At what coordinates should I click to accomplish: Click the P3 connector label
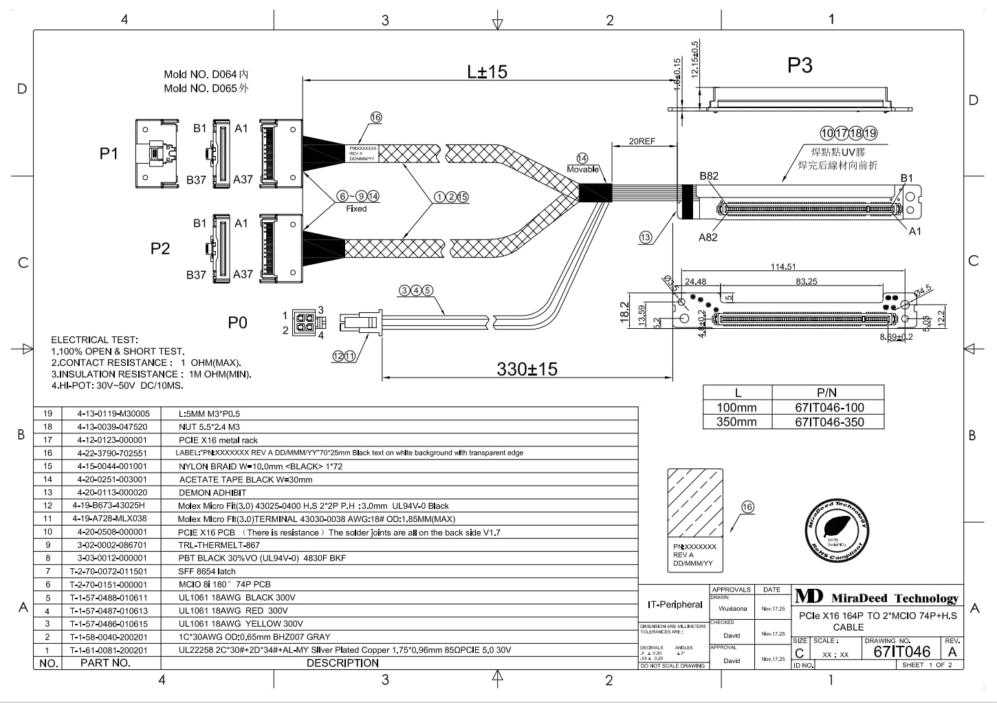pos(800,65)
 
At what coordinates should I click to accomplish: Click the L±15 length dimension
pos(487,72)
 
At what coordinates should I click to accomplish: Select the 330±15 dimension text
pos(527,369)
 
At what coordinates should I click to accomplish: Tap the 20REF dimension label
pos(642,141)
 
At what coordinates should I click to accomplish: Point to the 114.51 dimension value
pos(782,267)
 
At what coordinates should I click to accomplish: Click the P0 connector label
pos(237,323)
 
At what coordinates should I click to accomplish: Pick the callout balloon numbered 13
pos(645,237)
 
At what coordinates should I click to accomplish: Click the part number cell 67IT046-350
pos(829,422)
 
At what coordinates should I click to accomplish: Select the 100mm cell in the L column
pos(736,407)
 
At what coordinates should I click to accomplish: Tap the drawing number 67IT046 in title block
pos(901,652)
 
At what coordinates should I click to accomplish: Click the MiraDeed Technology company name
pos(894,598)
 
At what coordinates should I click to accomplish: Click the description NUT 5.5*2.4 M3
pos(209,427)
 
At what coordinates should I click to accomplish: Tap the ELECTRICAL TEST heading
pos(94,340)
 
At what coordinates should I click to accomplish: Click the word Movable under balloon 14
pos(582,169)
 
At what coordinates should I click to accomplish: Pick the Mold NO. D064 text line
pos(206,74)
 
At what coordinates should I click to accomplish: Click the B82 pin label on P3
pos(708,176)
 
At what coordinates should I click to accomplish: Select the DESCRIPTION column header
pos(342,663)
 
